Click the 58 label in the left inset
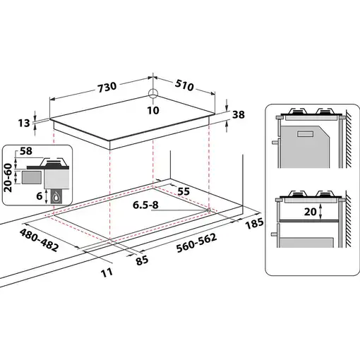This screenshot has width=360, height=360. pyautogui.click(x=27, y=152)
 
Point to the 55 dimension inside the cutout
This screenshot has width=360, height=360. pyautogui.click(x=184, y=191)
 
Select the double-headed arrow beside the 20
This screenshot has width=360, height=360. pyautogui.click(x=321, y=210)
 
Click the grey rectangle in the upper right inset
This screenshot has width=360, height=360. pyautogui.click(x=306, y=133)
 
